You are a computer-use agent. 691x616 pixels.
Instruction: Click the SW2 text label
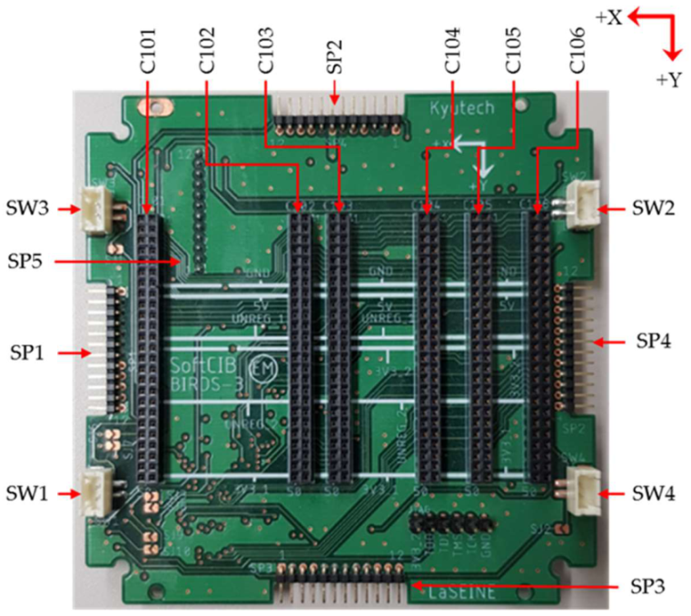click(x=652, y=209)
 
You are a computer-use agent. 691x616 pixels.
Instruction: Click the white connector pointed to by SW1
click(x=94, y=491)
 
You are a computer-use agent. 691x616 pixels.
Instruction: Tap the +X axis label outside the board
click(x=607, y=17)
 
